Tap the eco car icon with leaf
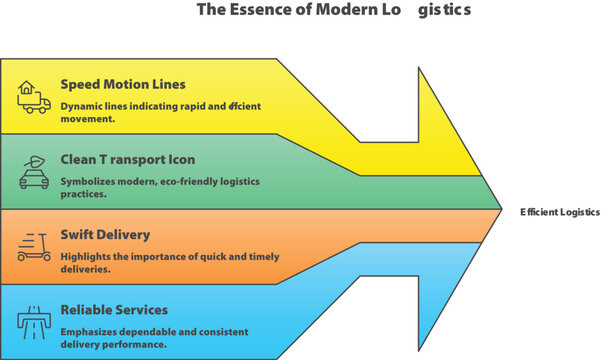(33, 172)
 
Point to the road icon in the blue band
(33, 321)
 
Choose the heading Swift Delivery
(105, 234)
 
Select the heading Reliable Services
(114, 309)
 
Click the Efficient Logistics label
(559, 212)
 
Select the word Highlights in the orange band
(88, 256)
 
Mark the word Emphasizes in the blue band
(91, 331)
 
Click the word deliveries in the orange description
(85, 269)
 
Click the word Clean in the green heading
(79, 159)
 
